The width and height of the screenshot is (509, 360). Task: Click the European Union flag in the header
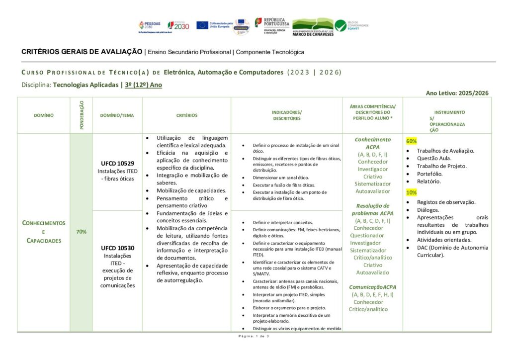(x=202, y=25)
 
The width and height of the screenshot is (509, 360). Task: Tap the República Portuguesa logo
(x=272, y=25)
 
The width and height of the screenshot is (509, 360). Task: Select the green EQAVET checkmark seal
(x=340, y=25)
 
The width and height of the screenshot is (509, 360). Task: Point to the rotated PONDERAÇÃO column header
(x=82, y=115)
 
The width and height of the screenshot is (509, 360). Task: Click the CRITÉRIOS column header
(x=186, y=115)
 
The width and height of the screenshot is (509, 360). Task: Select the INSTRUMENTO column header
(x=449, y=112)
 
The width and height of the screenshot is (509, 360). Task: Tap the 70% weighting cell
(x=81, y=232)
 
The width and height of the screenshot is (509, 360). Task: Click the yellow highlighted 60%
(x=412, y=141)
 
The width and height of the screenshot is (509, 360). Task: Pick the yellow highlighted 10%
(x=412, y=192)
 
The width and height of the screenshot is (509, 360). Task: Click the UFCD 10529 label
(x=117, y=163)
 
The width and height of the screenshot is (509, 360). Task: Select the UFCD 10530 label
(x=117, y=248)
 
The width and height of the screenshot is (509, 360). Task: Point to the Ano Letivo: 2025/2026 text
(x=457, y=93)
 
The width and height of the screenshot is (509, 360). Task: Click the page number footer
(x=254, y=337)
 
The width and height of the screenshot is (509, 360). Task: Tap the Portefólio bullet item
(x=429, y=174)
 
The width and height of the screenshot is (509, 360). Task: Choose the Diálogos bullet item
(x=428, y=210)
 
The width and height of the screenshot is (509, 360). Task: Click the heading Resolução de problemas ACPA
(x=373, y=209)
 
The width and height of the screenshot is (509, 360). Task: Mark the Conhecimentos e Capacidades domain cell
(x=44, y=232)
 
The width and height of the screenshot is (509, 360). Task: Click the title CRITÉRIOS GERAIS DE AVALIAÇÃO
(x=82, y=52)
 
